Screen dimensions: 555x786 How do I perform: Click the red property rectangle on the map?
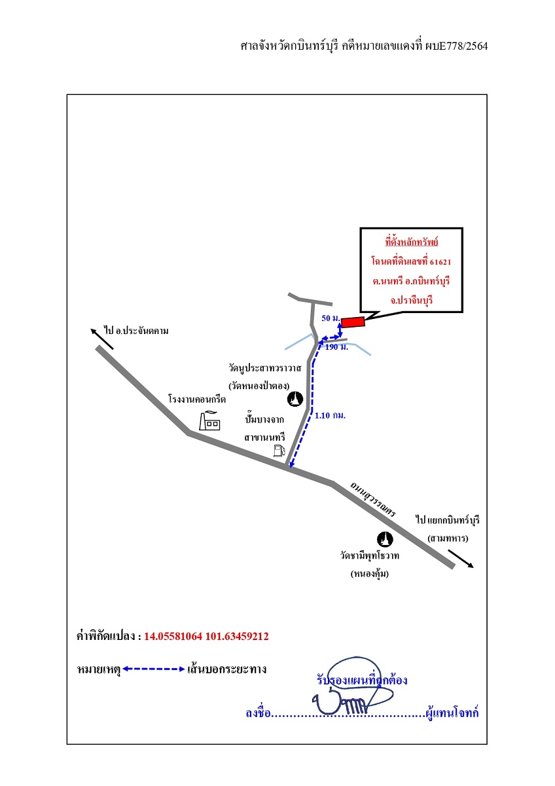coord(353,322)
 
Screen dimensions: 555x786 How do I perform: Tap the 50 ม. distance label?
coord(331,318)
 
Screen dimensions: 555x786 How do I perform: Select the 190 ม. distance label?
coord(336,347)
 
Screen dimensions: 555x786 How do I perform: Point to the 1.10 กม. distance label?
coord(331,415)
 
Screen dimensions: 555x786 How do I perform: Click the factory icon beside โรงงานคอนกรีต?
coord(209,421)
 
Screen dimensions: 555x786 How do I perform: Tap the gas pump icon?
coord(279,451)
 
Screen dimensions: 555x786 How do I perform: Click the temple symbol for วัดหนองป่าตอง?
coord(295,399)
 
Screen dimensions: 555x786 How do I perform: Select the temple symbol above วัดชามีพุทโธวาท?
coord(385,539)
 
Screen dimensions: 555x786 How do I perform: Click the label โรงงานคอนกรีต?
coord(197,400)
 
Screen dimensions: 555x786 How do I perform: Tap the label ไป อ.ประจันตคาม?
coord(136,331)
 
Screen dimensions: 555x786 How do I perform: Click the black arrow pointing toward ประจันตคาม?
coord(102,339)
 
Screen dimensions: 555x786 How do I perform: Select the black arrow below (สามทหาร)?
coord(461,559)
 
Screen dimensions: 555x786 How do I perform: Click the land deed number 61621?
coord(440,262)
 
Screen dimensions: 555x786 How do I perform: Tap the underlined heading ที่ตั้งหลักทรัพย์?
coord(412,242)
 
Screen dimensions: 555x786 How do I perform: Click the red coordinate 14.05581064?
coord(173,636)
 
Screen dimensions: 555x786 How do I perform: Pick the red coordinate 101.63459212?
coord(237,636)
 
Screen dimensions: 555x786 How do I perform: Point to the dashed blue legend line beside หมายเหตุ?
coord(154,669)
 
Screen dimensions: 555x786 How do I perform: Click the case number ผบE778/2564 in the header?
coord(456,46)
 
